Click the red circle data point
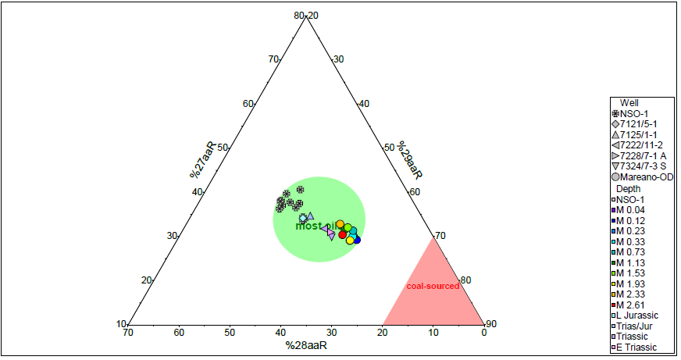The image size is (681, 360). pyautogui.click(x=342, y=234)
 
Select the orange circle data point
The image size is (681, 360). pyautogui.click(x=340, y=224)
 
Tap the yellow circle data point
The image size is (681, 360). pyautogui.click(x=350, y=240)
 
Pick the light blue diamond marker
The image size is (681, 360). pyautogui.click(x=304, y=218)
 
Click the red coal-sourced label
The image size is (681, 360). pyautogui.click(x=433, y=287)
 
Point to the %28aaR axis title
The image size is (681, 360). pyautogui.click(x=305, y=344)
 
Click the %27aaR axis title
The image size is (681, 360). pyautogui.click(x=202, y=160)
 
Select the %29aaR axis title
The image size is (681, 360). pyautogui.click(x=410, y=160)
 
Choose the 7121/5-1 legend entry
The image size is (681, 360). pyautogui.click(x=640, y=124)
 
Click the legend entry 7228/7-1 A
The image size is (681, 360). pyautogui.click(x=643, y=156)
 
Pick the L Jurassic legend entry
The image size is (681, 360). pyautogui.click(x=636, y=315)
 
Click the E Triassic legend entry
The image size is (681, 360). pyautogui.click(x=636, y=348)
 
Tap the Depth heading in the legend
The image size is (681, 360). pyautogui.click(x=629, y=189)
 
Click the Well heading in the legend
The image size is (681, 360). pyautogui.click(x=629, y=102)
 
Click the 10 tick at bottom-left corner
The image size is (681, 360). pyautogui.click(x=121, y=324)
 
